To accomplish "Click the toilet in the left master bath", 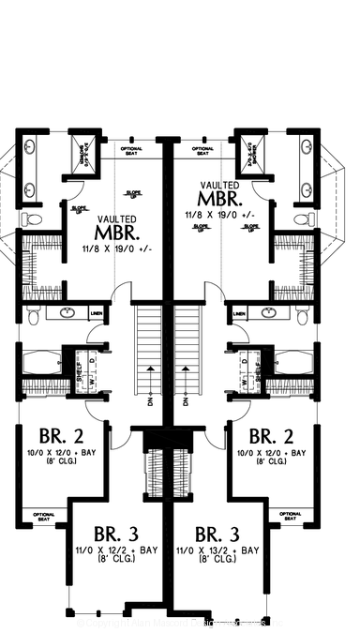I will click(32, 219).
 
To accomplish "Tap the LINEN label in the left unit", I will click(97, 313).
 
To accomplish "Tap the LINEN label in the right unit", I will click(240, 313).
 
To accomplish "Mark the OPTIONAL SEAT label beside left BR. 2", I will click(43, 516).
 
